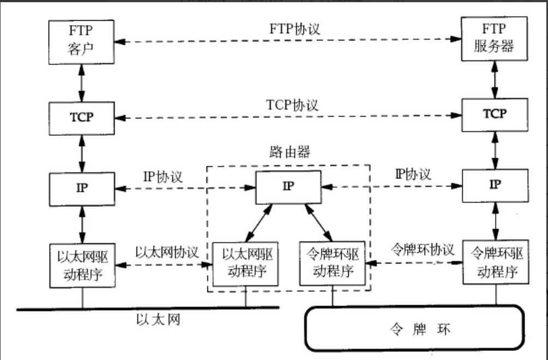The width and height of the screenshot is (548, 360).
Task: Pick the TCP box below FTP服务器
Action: click(x=494, y=115)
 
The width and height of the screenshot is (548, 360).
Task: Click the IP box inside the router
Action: click(x=288, y=187)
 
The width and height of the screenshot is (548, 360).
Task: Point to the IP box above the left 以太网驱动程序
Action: click(x=82, y=188)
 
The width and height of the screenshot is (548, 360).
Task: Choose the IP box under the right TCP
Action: click(x=495, y=185)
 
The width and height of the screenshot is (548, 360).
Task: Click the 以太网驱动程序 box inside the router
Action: click(x=245, y=262)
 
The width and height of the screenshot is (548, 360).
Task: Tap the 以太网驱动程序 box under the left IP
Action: click(x=82, y=264)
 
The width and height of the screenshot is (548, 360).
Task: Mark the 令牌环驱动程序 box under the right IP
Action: click(x=496, y=263)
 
